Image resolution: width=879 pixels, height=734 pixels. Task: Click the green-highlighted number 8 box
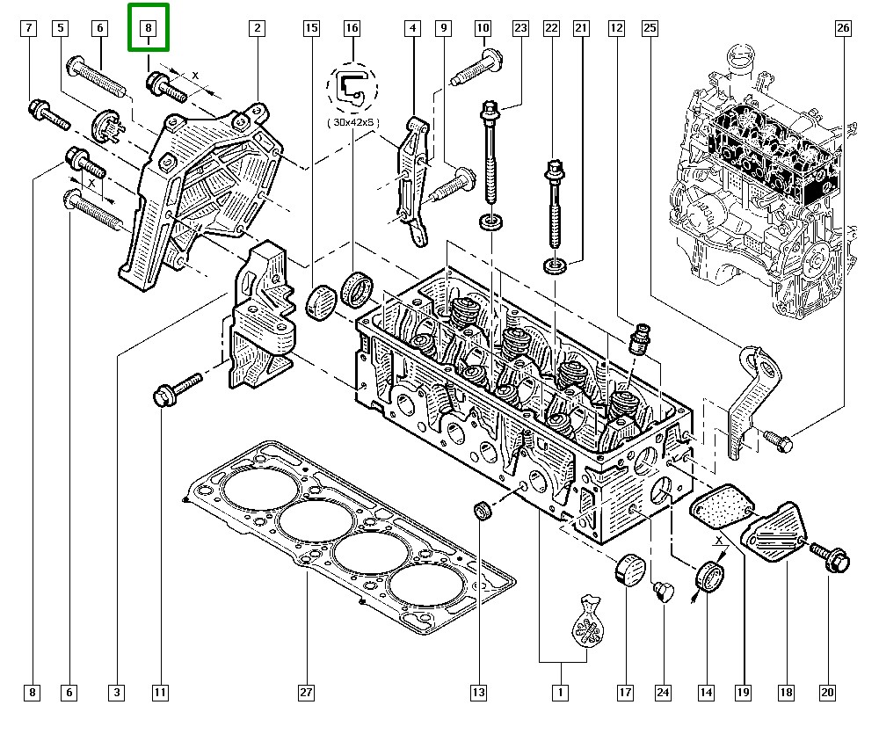(149, 27)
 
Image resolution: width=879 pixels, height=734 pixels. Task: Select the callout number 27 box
(305, 693)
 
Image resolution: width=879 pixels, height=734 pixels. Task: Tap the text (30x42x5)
(352, 123)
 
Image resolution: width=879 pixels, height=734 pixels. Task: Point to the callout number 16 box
(352, 28)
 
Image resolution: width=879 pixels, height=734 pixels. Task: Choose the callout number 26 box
(842, 28)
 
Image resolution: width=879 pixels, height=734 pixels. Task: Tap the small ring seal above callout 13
(483, 510)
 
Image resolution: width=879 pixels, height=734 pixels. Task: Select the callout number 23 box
(520, 28)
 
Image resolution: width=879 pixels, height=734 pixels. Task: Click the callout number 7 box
(29, 28)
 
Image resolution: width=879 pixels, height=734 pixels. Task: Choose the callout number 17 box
(625, 693)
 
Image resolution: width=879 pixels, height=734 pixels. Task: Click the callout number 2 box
(257, 28)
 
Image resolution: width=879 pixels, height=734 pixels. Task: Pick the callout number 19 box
(743, 693)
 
